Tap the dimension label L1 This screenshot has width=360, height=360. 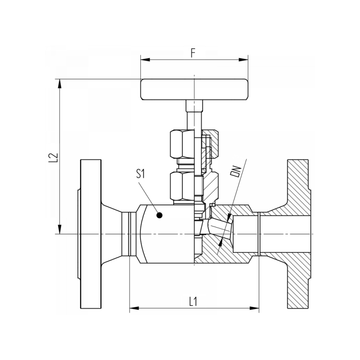193,301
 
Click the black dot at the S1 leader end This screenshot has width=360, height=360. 158,216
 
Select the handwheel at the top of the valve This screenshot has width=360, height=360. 194,90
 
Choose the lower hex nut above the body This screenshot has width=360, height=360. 182,186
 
